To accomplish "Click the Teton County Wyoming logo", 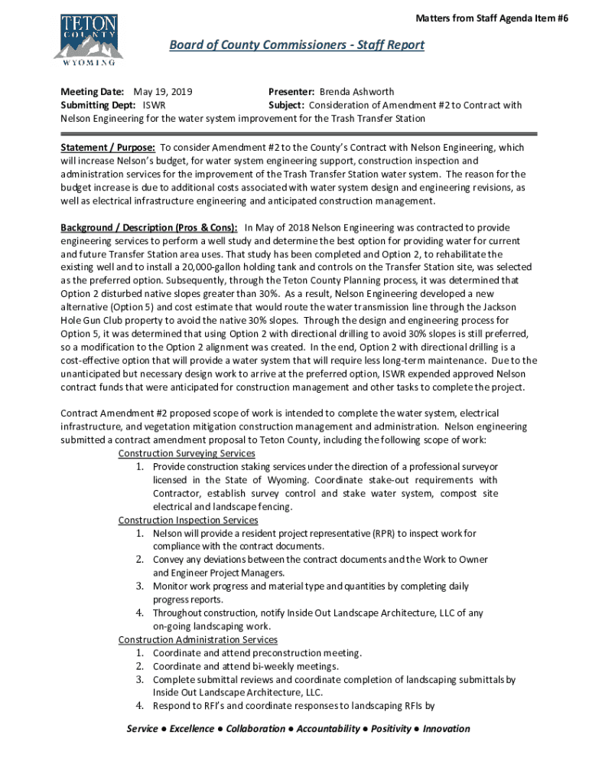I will [x=88, y=38].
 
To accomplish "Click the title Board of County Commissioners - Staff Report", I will [x=296, y=45].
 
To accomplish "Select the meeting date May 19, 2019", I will [x=163, y=92].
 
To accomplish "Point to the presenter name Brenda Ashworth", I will [x=356, y=92].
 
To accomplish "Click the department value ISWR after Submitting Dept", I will [x=155, y=106].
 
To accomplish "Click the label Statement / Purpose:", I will [x=109, y=147].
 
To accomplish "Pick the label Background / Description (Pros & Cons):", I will [x=149, y=228].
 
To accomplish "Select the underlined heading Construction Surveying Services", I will [x=187, y=453].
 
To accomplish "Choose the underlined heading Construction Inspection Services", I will [x=187, y=521].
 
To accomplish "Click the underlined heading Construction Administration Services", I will [x=197, y=639].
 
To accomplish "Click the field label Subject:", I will [x=287, y=106].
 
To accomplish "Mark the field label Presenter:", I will [x=291, y=92].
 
